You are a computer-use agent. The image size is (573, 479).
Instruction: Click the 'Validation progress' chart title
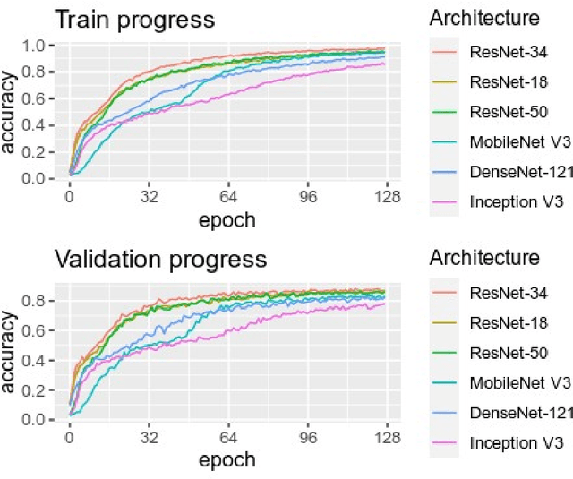pos(161,259)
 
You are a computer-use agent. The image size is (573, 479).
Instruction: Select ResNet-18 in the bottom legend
pos(507,321)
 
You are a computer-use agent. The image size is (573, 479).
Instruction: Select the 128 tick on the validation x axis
pos(385,439)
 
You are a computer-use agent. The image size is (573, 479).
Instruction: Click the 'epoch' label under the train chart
pos(227,219)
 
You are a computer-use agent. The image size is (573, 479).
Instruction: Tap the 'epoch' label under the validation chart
pos(227,460)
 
